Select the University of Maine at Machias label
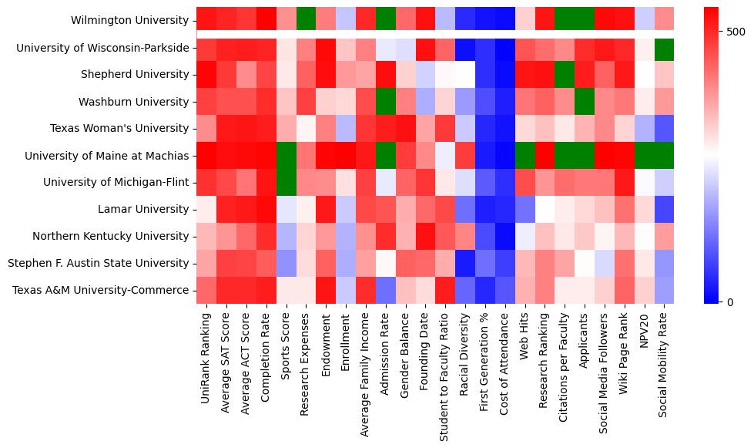pyautogui.click(x=107, y=156)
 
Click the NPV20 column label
pyautogui.click(x=644, y=328)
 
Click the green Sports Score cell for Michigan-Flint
pyautogui.click(x=286, y=183)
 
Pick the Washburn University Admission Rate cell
pyautogui.click(x=385, y=102)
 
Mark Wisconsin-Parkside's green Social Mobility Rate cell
pyautogui.click(x=664, y=48)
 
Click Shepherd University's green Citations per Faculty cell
pyautogui.click(x=565, y=75)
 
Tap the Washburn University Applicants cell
pyautogui.click(x=585, y=102)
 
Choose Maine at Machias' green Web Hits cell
pyautogui.click(x=524, y=156)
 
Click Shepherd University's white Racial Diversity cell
pyautogui.click(x=465, y=75)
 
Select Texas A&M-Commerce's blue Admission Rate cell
pyautogui.click(x=385, y=290)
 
